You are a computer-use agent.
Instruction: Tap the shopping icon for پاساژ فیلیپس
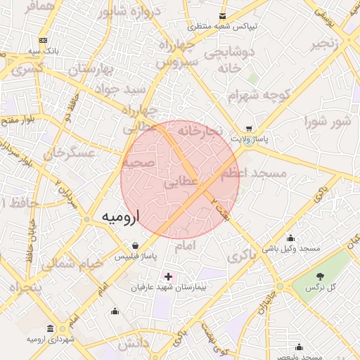point(134,245)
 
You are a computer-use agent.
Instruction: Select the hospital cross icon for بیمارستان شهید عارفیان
point(167,276)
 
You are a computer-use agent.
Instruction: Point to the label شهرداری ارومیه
point(51,340)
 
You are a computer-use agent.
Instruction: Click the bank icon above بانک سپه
point(44,40)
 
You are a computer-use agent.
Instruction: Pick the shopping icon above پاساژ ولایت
point(248,129)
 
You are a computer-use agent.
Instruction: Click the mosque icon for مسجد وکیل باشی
point(291,238)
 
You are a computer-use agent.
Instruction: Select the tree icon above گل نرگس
point(320,276)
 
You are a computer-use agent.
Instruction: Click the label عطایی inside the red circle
point(180,183)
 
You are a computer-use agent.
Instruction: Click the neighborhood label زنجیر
point(329,44)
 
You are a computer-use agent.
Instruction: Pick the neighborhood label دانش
point(134,345)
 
